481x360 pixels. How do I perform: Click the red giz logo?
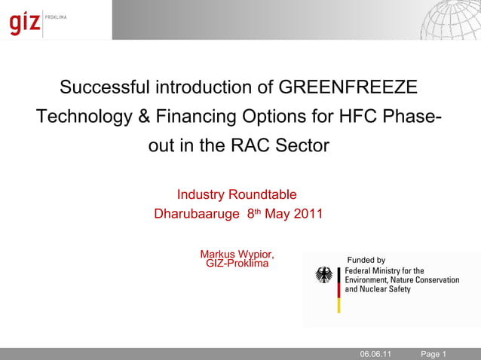pyautogui.click(x=25, y=23)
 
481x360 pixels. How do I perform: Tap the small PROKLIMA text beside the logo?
pyautogui.click(x=57, y=17)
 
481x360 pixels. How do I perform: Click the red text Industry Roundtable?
pyautogui.click(x=237, y=195)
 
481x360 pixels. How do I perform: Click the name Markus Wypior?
pyautogui.click(x=237, y=253)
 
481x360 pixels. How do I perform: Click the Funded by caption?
pyautogui.click(x=366, y=261)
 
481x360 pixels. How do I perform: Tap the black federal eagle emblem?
pyautogui.click(x=324, y=276)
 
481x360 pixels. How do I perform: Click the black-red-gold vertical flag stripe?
pyautogui.click(x=339, y=290)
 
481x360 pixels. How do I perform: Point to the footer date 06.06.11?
pyautogui.click(x=375, y=354)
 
